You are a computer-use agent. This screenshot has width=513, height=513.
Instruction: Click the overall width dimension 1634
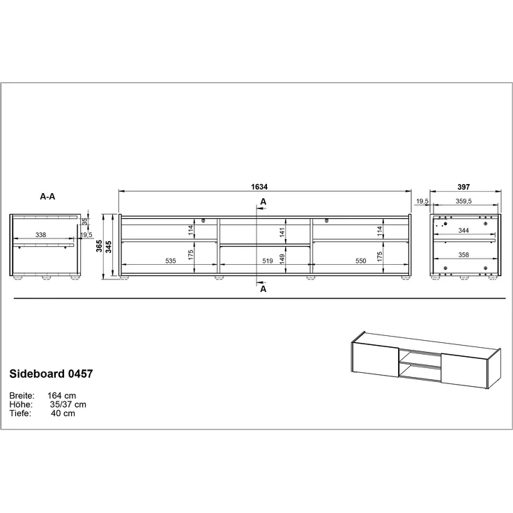tap(259, 187)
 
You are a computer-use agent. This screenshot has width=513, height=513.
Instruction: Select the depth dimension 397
tap(464, 187)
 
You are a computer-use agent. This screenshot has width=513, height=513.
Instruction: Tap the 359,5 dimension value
tap(464, 201)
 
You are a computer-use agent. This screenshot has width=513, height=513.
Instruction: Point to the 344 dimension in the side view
tap(463, 230)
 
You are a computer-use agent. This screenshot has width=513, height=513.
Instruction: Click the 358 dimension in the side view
tap(463, 255)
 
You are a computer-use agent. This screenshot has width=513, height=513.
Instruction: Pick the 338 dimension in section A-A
tap(41, 236)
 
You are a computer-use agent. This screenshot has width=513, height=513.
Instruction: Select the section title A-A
tap(47, 197)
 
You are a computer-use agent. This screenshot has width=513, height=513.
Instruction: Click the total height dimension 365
tap(100, 246)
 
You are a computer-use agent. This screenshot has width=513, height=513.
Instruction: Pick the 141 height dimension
tap(282, 231)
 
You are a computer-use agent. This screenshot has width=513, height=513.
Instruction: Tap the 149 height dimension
tap(282, 257)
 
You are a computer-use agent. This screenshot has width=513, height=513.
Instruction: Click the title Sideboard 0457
tap(51, 374)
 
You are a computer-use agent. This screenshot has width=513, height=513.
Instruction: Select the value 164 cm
tap(63, 395)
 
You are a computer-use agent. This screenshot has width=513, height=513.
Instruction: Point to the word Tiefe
tap(22, 413)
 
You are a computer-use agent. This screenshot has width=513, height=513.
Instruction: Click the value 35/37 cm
tap(68, 404)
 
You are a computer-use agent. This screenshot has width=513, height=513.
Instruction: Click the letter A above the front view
tap(263, 201)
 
